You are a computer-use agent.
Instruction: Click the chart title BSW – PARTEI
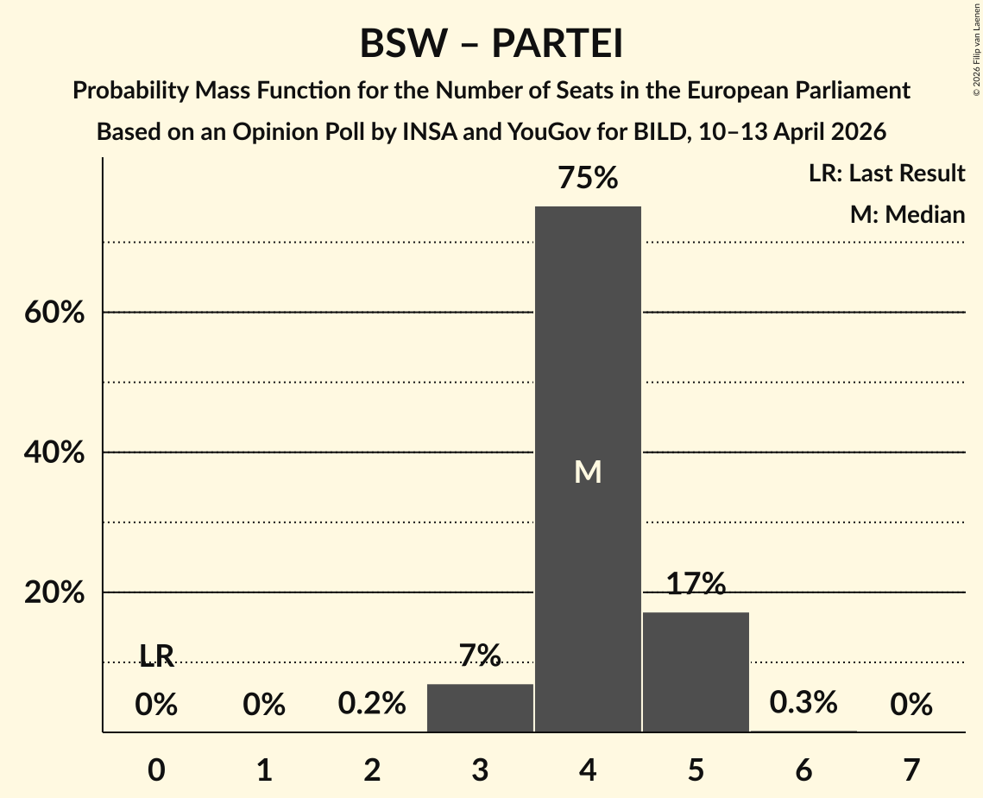coord(491,44)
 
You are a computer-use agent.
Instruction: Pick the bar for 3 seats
coord(480,707)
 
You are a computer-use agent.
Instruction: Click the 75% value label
coord(588,179)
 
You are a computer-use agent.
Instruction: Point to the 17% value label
coord(696,585)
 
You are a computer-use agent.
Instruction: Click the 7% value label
coord(480,656)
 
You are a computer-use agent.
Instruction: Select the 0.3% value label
coord(803,703)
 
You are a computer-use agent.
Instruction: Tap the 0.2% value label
coord(372,705)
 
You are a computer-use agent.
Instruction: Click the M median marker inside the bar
coord(588,472)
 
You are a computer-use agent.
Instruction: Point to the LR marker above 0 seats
coord(156,657)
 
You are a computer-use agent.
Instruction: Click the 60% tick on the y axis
coord(54,313)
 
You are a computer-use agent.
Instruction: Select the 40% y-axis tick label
coord(54,453)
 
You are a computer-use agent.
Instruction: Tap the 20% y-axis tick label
coord(54,593)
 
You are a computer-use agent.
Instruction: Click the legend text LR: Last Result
coord(886,174)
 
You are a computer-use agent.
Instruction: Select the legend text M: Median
coord(907,214)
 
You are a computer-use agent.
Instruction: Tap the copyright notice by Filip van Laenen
coord(976,52)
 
